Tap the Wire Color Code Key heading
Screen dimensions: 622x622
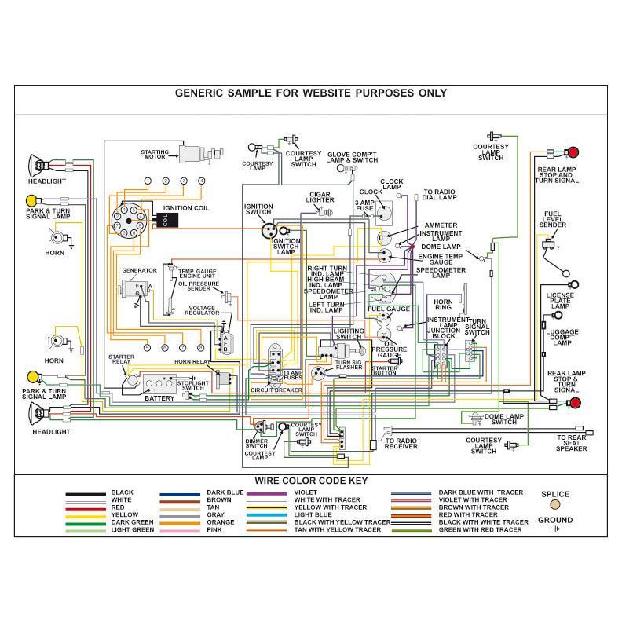pos(310,481)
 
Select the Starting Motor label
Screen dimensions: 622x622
pos(155,154)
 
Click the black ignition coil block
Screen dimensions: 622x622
pos(165,221)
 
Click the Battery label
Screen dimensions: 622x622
pos(159,398)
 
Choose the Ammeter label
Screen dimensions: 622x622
pos(441,225)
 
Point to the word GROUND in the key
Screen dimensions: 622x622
pos(555,520)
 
